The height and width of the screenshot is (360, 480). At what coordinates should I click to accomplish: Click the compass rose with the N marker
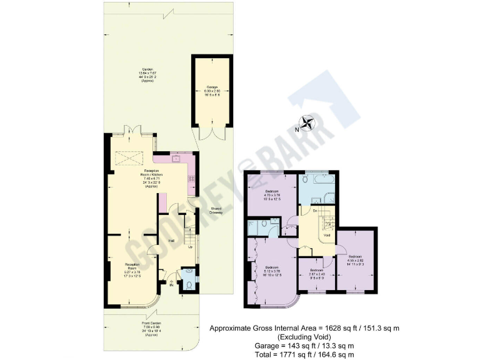pos(307,124)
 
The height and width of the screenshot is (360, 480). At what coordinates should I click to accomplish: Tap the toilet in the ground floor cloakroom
pos(189,286)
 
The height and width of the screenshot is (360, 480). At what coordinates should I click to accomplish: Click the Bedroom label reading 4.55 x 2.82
pos(356,259)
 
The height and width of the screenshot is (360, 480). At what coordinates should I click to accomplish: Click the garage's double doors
pos(207,132)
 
